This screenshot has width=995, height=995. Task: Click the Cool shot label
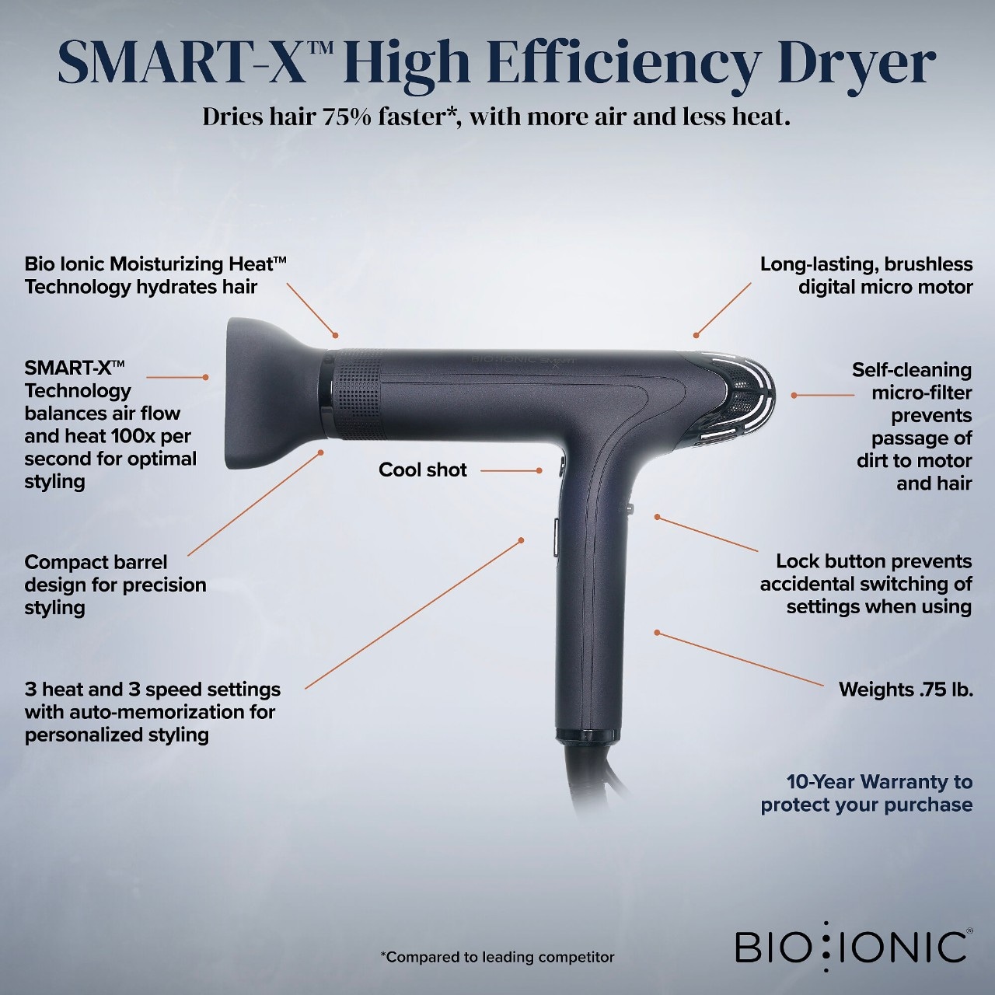(422, 470)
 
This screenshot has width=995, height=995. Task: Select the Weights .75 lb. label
(906, 690)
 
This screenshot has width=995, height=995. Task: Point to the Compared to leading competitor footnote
(497, 958)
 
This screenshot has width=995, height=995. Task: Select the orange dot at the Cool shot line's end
(539, 470)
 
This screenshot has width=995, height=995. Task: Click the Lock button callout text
(866, 584)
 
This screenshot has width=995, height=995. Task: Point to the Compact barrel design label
(115, 585)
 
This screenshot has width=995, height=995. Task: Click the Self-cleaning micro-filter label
(912, 427)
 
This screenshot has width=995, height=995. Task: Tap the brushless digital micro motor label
(867, 275)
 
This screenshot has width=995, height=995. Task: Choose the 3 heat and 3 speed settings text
(152, 712)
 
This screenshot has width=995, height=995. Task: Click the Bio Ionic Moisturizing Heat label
(155, 275)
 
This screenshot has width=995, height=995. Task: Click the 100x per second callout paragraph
(110, 425)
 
